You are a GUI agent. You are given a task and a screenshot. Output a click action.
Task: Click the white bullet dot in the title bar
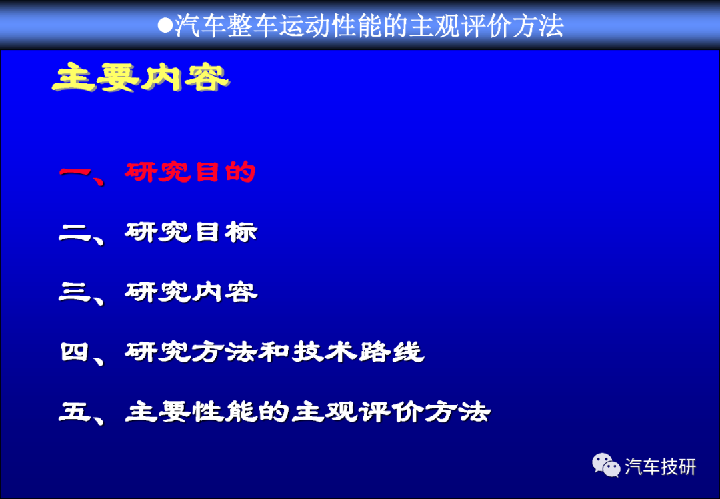(x=165, y=25)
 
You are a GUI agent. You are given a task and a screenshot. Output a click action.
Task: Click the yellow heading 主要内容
(x=141, y=77)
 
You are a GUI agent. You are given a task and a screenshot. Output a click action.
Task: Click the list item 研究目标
(x=191, y=232)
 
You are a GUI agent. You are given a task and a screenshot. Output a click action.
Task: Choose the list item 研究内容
(x=191, y=292)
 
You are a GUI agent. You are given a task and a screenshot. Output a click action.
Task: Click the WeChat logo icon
(x=605, y=465)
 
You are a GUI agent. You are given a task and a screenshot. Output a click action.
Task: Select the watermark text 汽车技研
(x=660, y=466)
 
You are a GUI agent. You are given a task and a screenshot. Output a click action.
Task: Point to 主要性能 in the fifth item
(x=191, y=411)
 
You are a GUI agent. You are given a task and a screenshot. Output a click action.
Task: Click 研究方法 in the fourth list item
(x=191, y=352)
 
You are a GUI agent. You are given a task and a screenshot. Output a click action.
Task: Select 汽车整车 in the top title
(x=226, y=25)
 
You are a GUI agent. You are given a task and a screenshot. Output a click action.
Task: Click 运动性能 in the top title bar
(x=330, y=25)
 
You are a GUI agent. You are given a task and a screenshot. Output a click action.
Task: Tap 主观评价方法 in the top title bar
(x=486, y=25)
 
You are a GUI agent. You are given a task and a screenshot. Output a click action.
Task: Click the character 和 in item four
(x=275, y=352)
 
